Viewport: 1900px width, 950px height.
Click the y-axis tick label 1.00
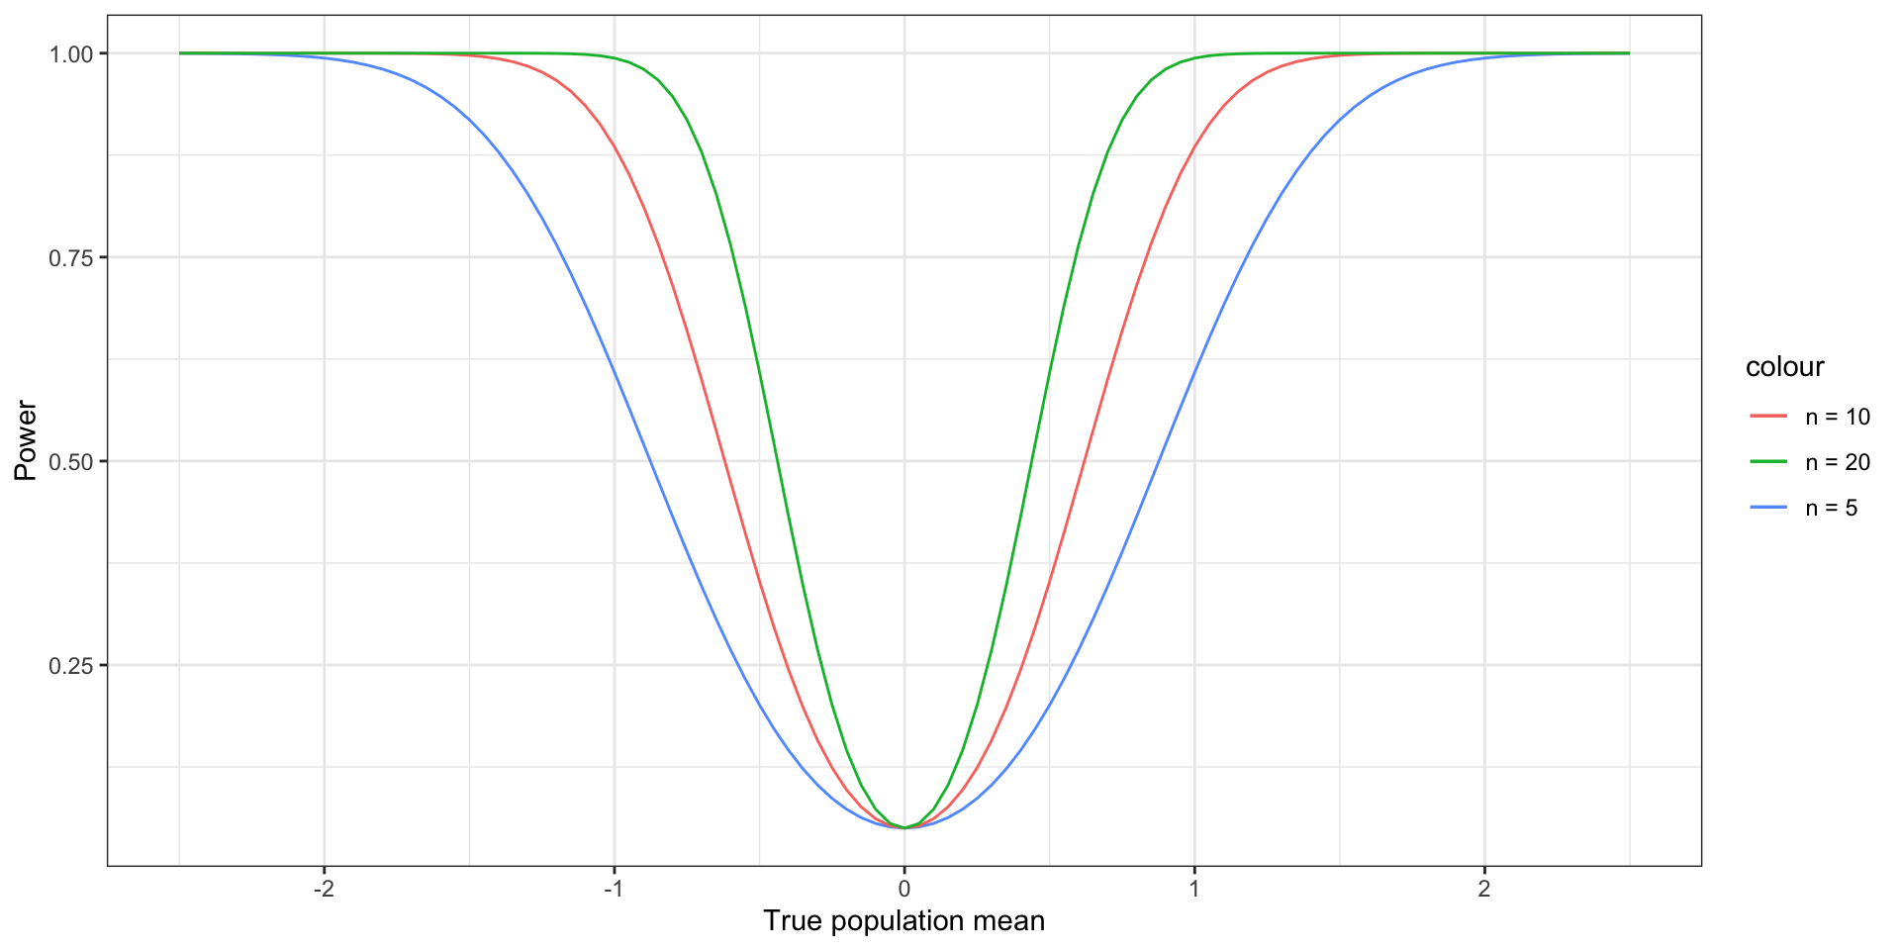click(70, 53)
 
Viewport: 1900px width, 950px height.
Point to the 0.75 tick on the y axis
click(70, 257)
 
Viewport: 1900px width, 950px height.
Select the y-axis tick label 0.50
click(70, 461)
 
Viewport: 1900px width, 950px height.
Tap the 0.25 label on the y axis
click(70, 665)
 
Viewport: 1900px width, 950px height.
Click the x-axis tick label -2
click(323, 889)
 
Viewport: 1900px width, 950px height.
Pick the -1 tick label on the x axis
click(613, 889)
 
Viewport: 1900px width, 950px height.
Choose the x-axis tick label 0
click(904, 889)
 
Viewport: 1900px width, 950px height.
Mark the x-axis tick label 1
click(1194, 889)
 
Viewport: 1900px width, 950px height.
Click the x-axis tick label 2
click(1484, 889)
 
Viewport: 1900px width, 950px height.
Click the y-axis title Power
click(26, 440)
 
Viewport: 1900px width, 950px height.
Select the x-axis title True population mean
click(904, 921)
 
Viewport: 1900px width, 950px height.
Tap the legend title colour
click(1784, 367)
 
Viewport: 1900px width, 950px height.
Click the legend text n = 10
click(1838, 417)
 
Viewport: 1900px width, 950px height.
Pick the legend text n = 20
click(1838, 462)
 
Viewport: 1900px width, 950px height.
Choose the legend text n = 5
click(1832, 508)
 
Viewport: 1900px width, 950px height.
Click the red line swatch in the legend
click(1768, 417)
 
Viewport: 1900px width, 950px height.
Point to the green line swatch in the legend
click(1768, 462)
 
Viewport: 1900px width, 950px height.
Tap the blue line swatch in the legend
click(1768, 508)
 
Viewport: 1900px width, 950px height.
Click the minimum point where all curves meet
click(904, 827)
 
